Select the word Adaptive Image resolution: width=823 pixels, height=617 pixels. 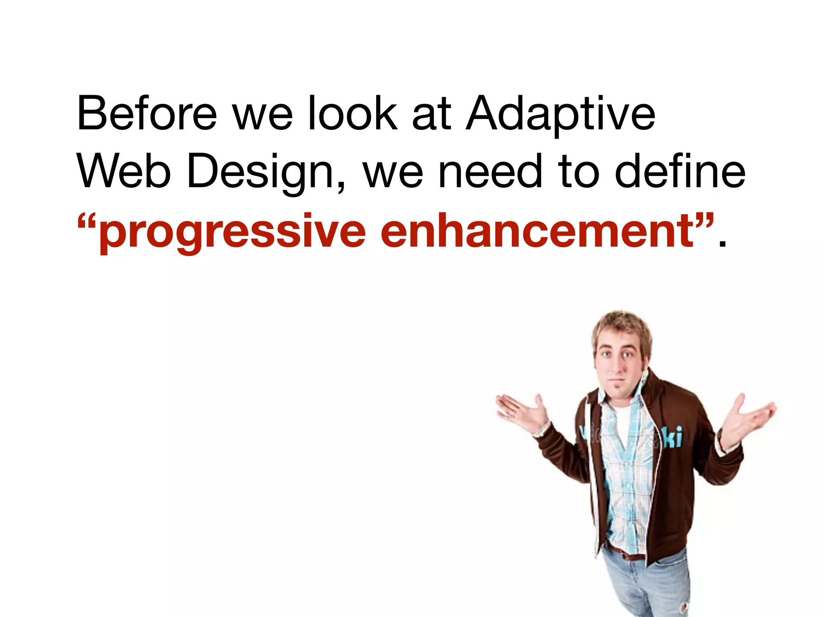pos(561,114)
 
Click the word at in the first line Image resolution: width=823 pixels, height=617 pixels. pos(432,114)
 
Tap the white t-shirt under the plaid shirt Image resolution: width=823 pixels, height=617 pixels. pos(621,422)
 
